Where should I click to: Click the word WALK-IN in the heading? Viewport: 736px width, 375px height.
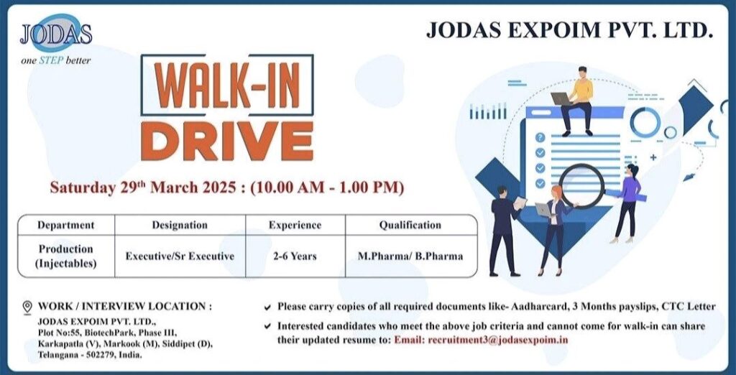pyautogui.click(x=227, y=87)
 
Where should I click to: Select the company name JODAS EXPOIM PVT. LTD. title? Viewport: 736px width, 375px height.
pyautogui.click(x=569, y=31)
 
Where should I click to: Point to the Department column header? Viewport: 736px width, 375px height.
pyautogui.click(x=65, y=225)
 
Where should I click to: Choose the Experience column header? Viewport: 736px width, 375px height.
pyautogui.click(x=295, y=225)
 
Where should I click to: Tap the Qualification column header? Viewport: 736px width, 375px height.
pyautogui.click(x=410, y=225)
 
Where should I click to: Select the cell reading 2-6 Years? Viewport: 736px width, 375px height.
pyautogui.click(x=295, y=256)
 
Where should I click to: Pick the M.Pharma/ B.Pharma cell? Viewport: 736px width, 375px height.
pyautogui.click(x=410, y=256)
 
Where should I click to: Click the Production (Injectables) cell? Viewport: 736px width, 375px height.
pyautogui.click(x=65, y=256)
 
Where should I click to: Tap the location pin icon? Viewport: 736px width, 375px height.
pyautogui.click(x=27, y=307)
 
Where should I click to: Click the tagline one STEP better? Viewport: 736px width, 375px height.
pyautogui.click(x=56, y=60)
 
